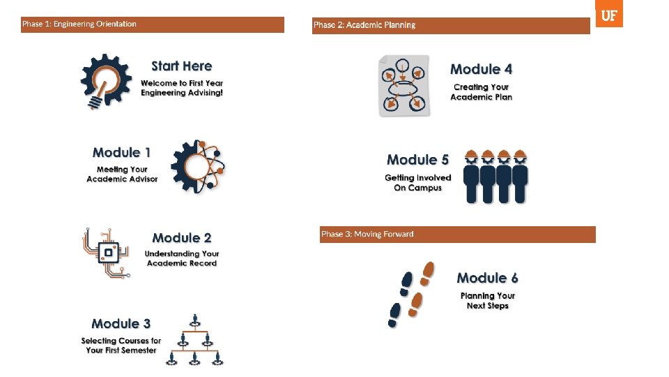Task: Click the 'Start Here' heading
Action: (x=181, y=66)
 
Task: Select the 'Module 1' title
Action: (x=121, y=152)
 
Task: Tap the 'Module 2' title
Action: (x=182, y=238)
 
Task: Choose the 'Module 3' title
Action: (x=121, y=323)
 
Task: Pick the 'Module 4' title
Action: (x=481, y=69)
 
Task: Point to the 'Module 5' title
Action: (x=417, y=160)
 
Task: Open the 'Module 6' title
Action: (x=487, y=278)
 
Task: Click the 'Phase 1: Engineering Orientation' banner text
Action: (x=79, y=24)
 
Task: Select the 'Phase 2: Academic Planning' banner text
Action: (x=364, y=25)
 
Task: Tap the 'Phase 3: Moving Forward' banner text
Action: (x=367, y=235)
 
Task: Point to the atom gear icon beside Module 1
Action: (x=198, y=166)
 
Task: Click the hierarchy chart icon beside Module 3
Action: (x=196, y=340)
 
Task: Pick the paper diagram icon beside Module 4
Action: (x=404, y=85)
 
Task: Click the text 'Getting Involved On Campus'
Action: (x=417, y=183)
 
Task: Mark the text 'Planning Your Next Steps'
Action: (x=487, y=301)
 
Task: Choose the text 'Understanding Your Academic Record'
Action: (x=182, y=258)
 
